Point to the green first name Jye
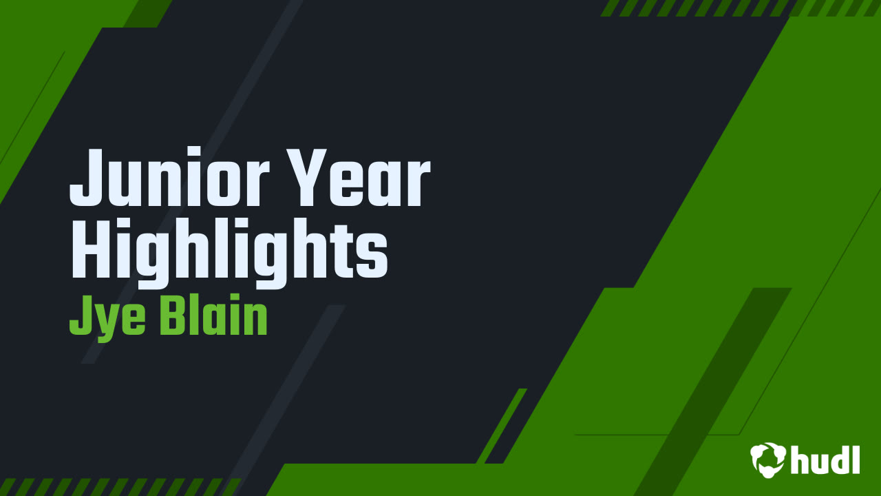103,318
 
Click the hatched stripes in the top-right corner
740,8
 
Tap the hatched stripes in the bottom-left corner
117,486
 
